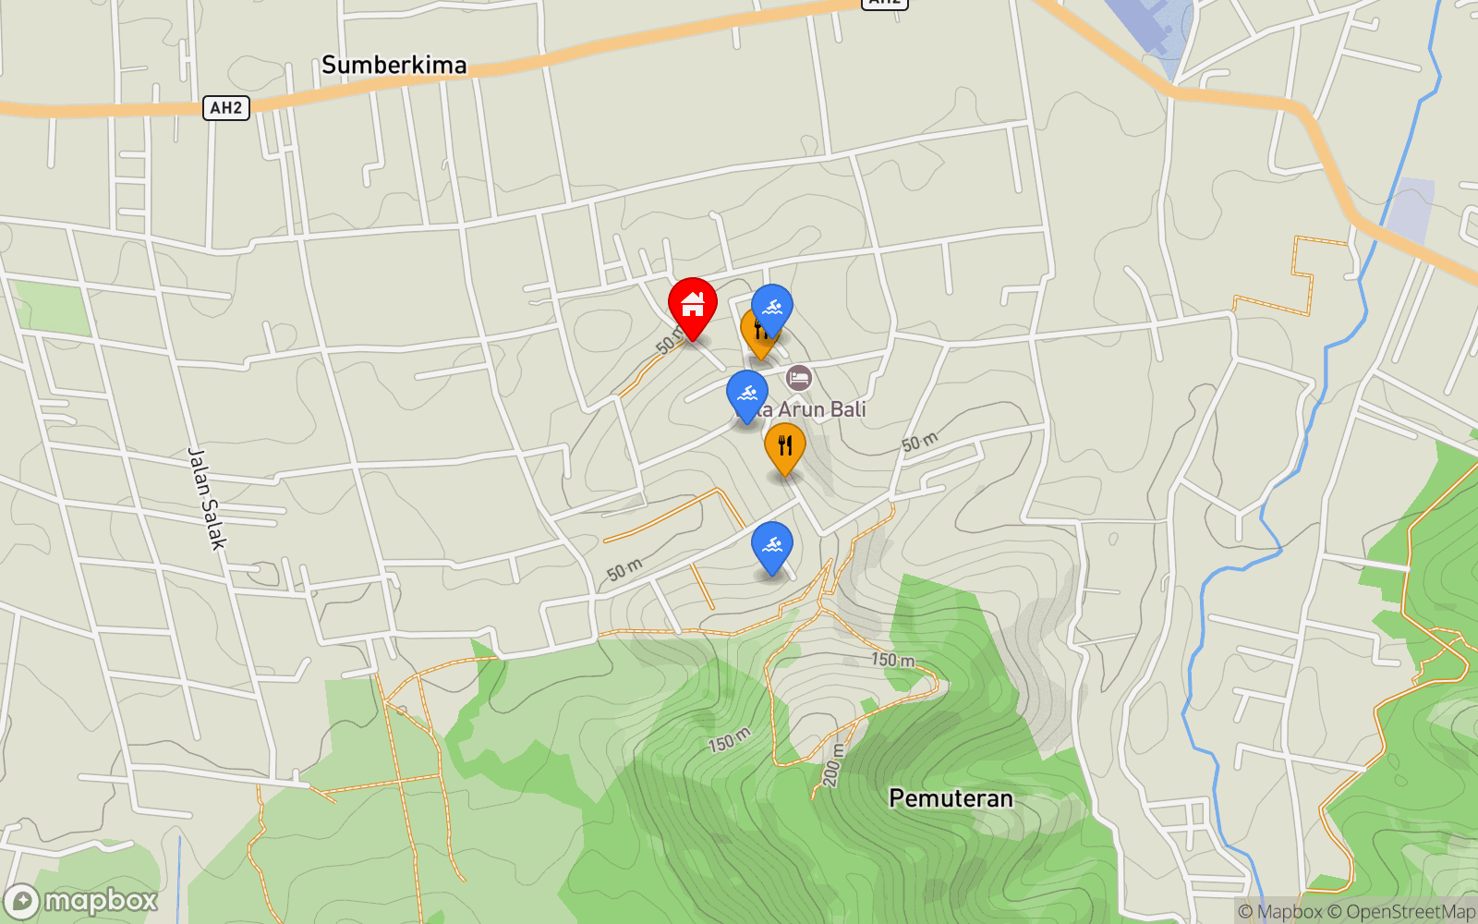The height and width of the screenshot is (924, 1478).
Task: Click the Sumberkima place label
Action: coord(394,65)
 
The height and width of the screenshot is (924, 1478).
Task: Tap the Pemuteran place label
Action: coord(951,798)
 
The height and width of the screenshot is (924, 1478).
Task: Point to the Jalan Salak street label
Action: coord(206,499)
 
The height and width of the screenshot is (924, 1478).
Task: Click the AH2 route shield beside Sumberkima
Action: coord(225,108)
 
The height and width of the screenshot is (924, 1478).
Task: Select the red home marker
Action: coord(692,305)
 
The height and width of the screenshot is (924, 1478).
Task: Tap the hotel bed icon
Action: coord(799,377)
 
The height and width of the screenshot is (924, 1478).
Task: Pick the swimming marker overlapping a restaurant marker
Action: coord(772,308)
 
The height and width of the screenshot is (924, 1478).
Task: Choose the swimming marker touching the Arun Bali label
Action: coord(747,394)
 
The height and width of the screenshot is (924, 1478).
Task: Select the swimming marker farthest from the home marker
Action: coord(772,545)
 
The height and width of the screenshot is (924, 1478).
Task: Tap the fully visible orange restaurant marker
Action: coord(784,446)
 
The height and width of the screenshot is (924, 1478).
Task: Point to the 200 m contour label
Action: coord(832,765)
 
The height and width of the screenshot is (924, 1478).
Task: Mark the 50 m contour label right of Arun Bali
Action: coord(920,443)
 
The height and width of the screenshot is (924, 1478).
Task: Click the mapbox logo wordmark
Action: coord(100,900)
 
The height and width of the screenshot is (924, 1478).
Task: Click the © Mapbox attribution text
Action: coord(1280,912)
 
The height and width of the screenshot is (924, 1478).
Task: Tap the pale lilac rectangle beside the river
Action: coord(1410,208)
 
